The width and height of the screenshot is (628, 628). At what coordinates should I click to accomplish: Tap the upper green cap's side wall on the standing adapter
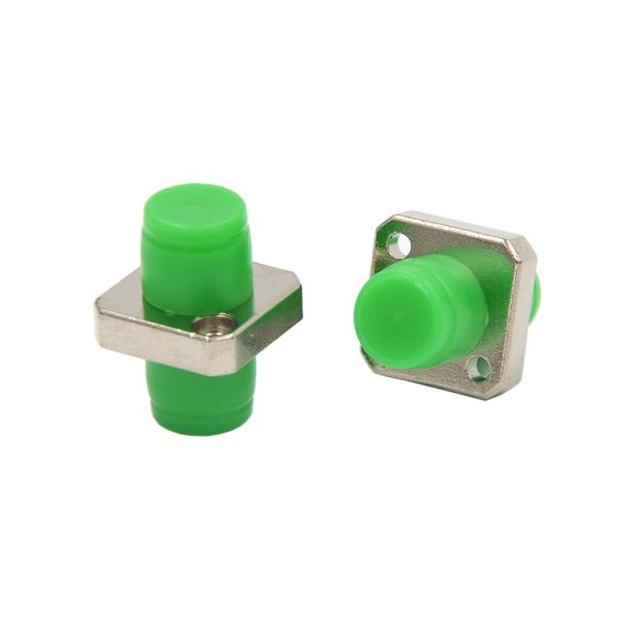pos(192,256)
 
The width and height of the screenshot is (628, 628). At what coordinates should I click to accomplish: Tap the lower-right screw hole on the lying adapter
pos(477,367)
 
